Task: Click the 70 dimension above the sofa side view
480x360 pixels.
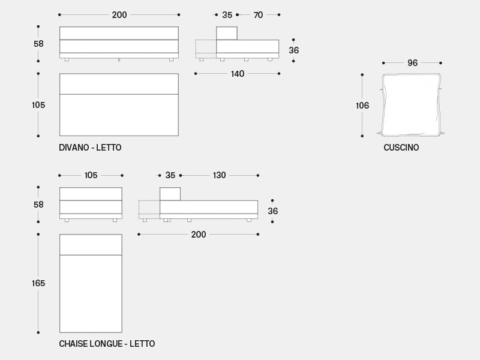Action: pos(258,15)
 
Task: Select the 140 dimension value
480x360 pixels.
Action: pos(238,74)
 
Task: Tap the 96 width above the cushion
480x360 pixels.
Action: pos(412,63)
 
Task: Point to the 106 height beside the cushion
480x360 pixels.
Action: pos(362,106)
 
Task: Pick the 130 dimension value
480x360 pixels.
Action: pos(219,175)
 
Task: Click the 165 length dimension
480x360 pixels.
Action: pos(38,283)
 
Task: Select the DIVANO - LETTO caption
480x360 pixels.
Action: pos(90,147)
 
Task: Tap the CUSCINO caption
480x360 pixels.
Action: pos(401,147)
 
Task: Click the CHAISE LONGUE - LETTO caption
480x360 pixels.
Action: pos(107,344)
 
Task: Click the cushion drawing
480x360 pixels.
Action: pos(412,104)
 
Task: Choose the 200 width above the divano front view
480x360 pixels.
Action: pos(119,15)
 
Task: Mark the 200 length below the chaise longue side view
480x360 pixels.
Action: pos(199,235)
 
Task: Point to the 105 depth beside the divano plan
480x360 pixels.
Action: pos(38,105)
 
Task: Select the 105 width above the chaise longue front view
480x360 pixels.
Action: pos(91,175)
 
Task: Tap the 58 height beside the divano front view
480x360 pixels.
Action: pos(38,44)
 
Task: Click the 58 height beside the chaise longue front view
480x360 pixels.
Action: pos(38,205)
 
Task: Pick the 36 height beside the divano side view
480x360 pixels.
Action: pos(293,50)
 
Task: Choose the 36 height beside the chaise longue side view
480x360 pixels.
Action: pos(272,211)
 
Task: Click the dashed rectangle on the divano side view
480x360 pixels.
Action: pos(206,49)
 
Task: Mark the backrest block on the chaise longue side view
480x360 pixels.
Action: pos(170,194)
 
